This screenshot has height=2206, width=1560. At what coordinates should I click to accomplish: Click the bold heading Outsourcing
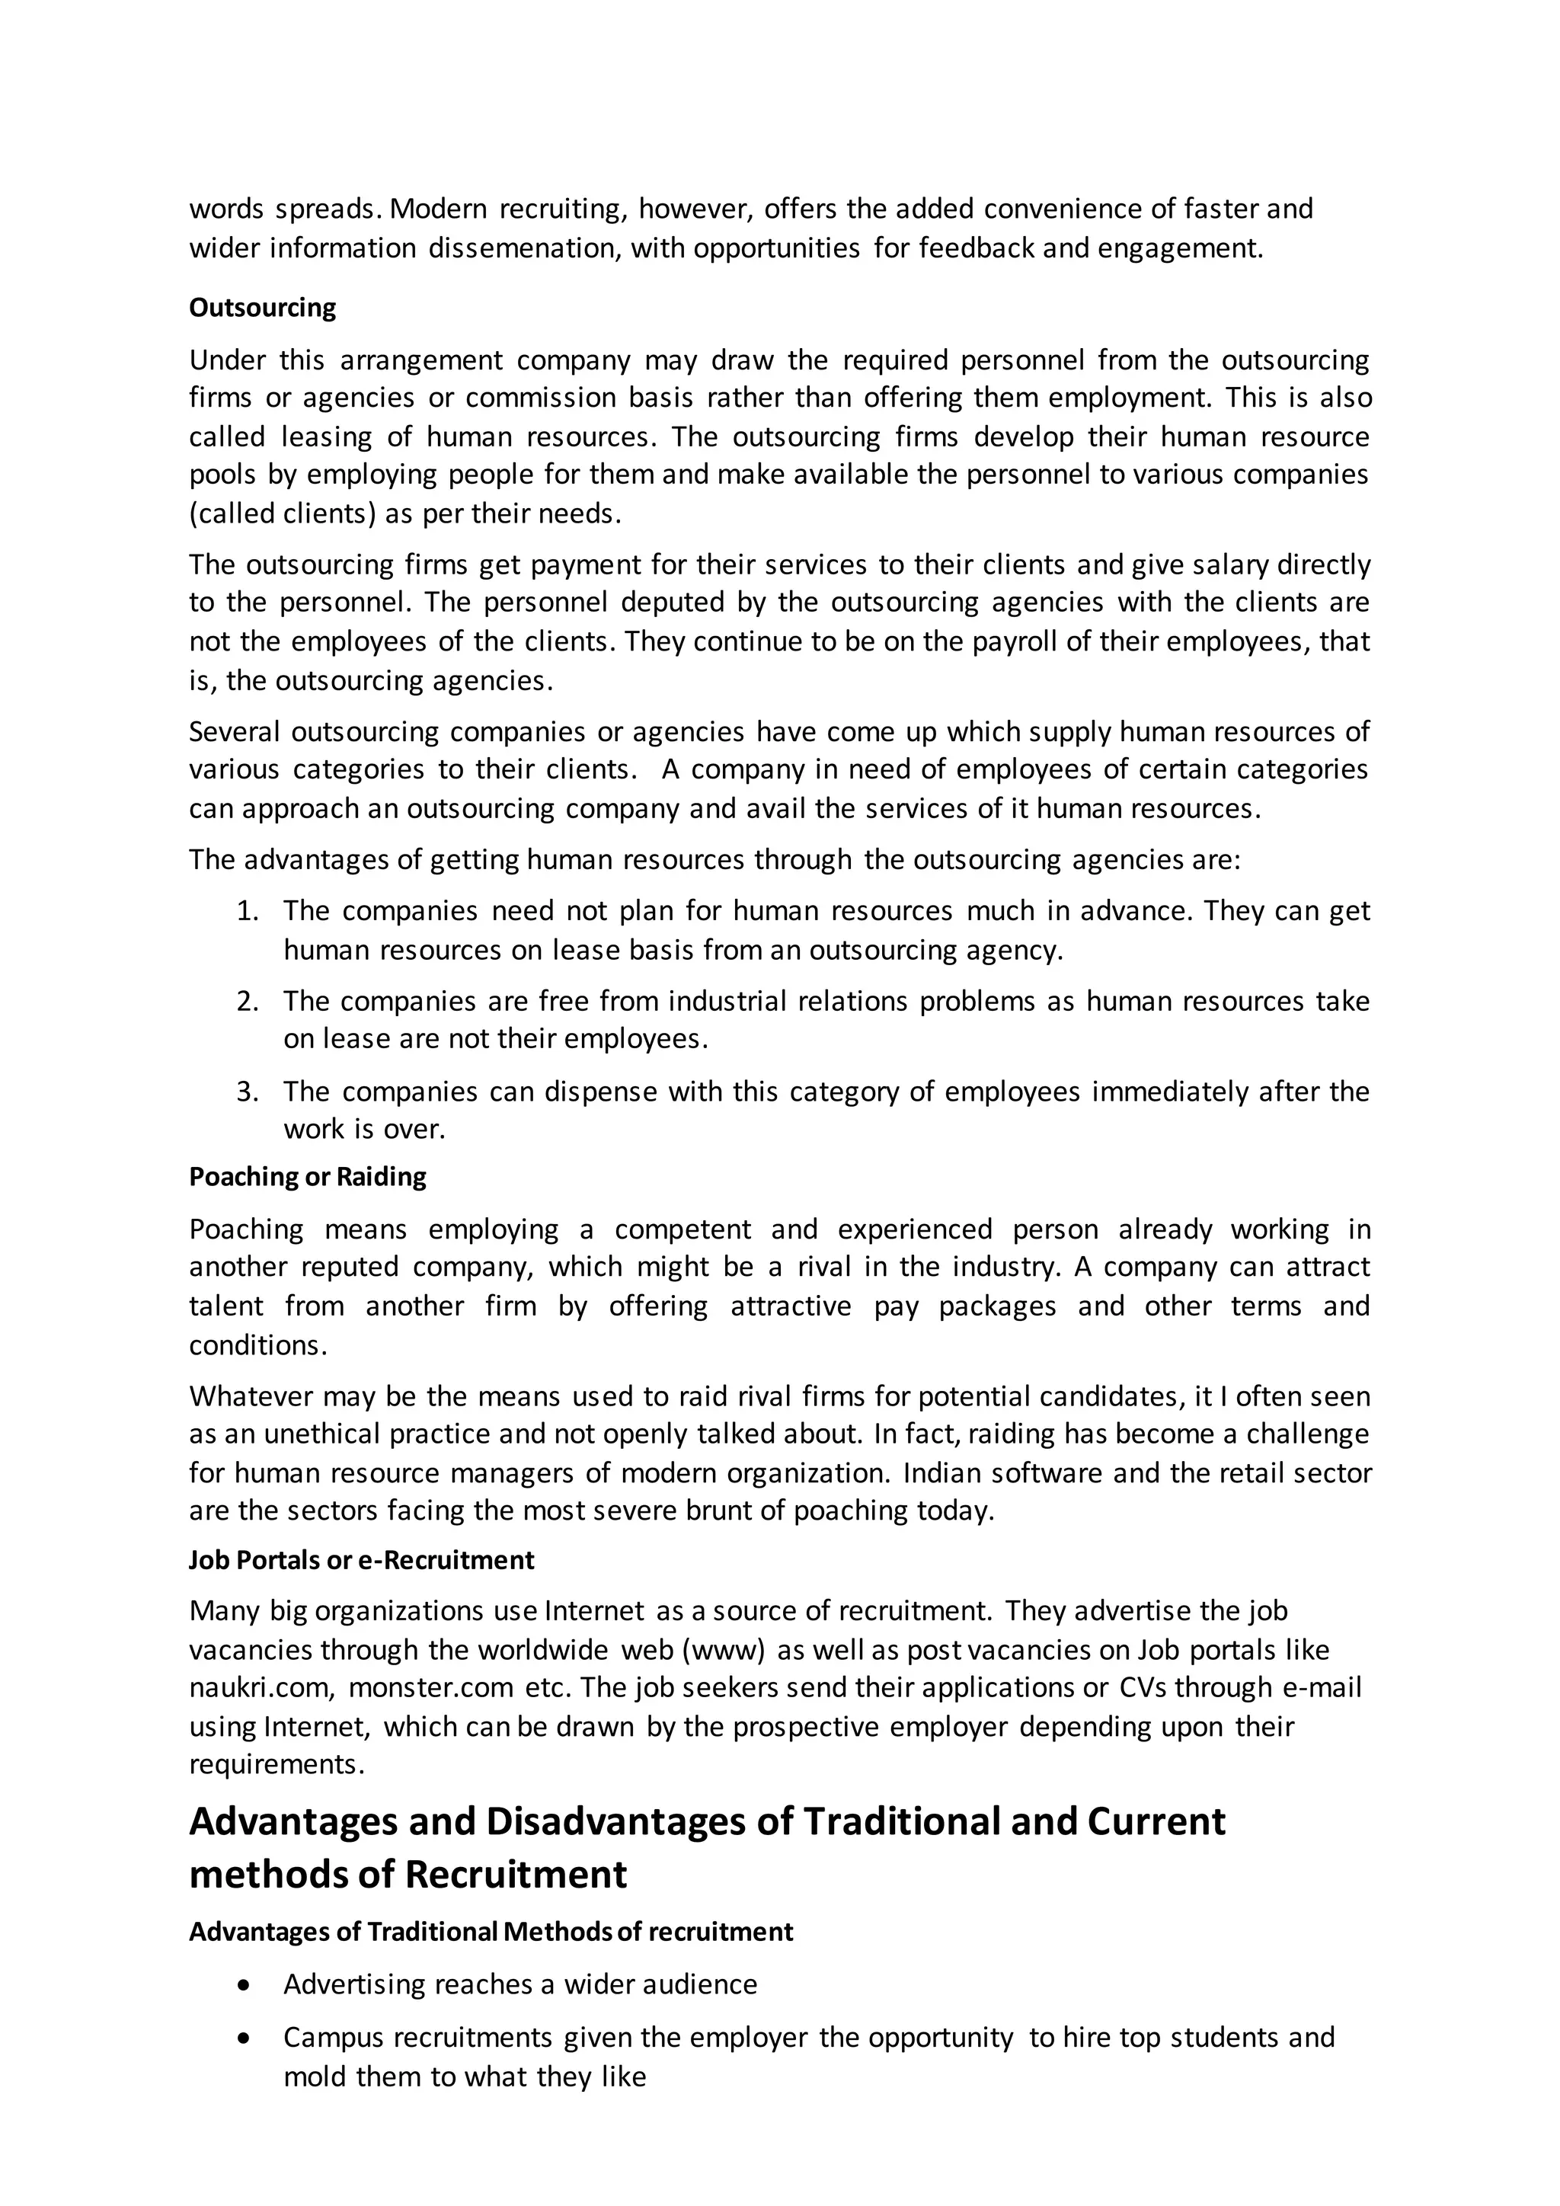262,308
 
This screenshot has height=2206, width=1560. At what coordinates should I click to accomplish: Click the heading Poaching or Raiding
308,1177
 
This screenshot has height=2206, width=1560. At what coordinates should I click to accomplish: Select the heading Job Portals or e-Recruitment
361,1559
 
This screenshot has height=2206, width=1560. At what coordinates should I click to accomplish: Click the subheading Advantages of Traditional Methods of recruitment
491,1931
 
